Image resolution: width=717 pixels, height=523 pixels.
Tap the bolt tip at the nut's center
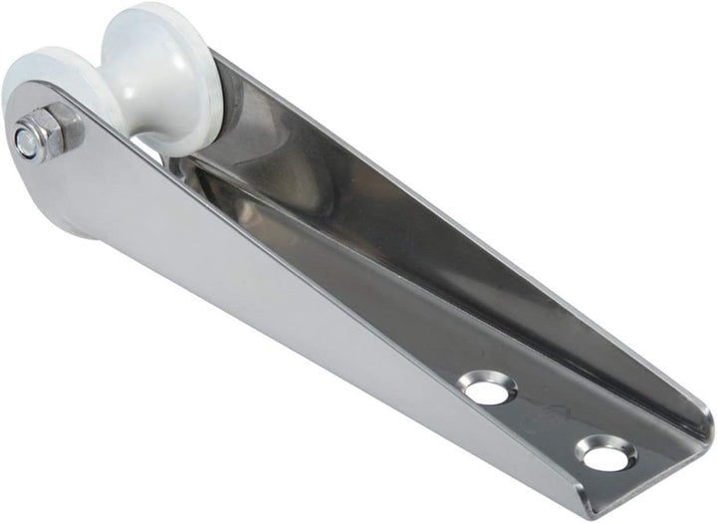(27, 142)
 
